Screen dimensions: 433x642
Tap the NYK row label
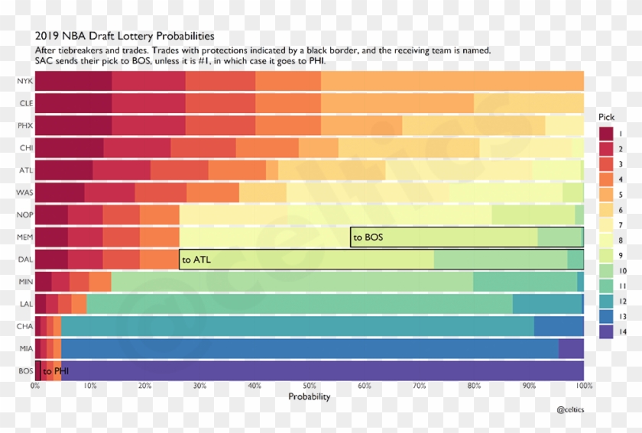pyautogui.click(x=23, y=81)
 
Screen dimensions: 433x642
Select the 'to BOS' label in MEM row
pyautogui.click(x=368, y=238)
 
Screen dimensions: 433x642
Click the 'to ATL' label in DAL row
pyautogui.click(x=196, y=260)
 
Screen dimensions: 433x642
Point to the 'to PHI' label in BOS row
pyautogui.click(x=56, y=371)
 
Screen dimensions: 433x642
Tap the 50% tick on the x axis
pyautogui.click(x=309, y=386)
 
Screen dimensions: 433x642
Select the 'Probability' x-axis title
pyautogui.click(x=309, y=397)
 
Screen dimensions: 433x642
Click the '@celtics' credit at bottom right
pyautogui.click(x=571, y=410)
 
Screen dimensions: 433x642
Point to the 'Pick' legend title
pyautogui.click(x=605, y=118)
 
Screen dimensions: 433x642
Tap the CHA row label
pyautogui.click(x=23, y=326)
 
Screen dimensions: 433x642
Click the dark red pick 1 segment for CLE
pyautogui.click(x=73, y=103)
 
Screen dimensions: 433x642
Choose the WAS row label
pyautogui.click(x=23, y=192)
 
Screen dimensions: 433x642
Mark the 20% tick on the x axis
pyautogui.click(x=144, y=386)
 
